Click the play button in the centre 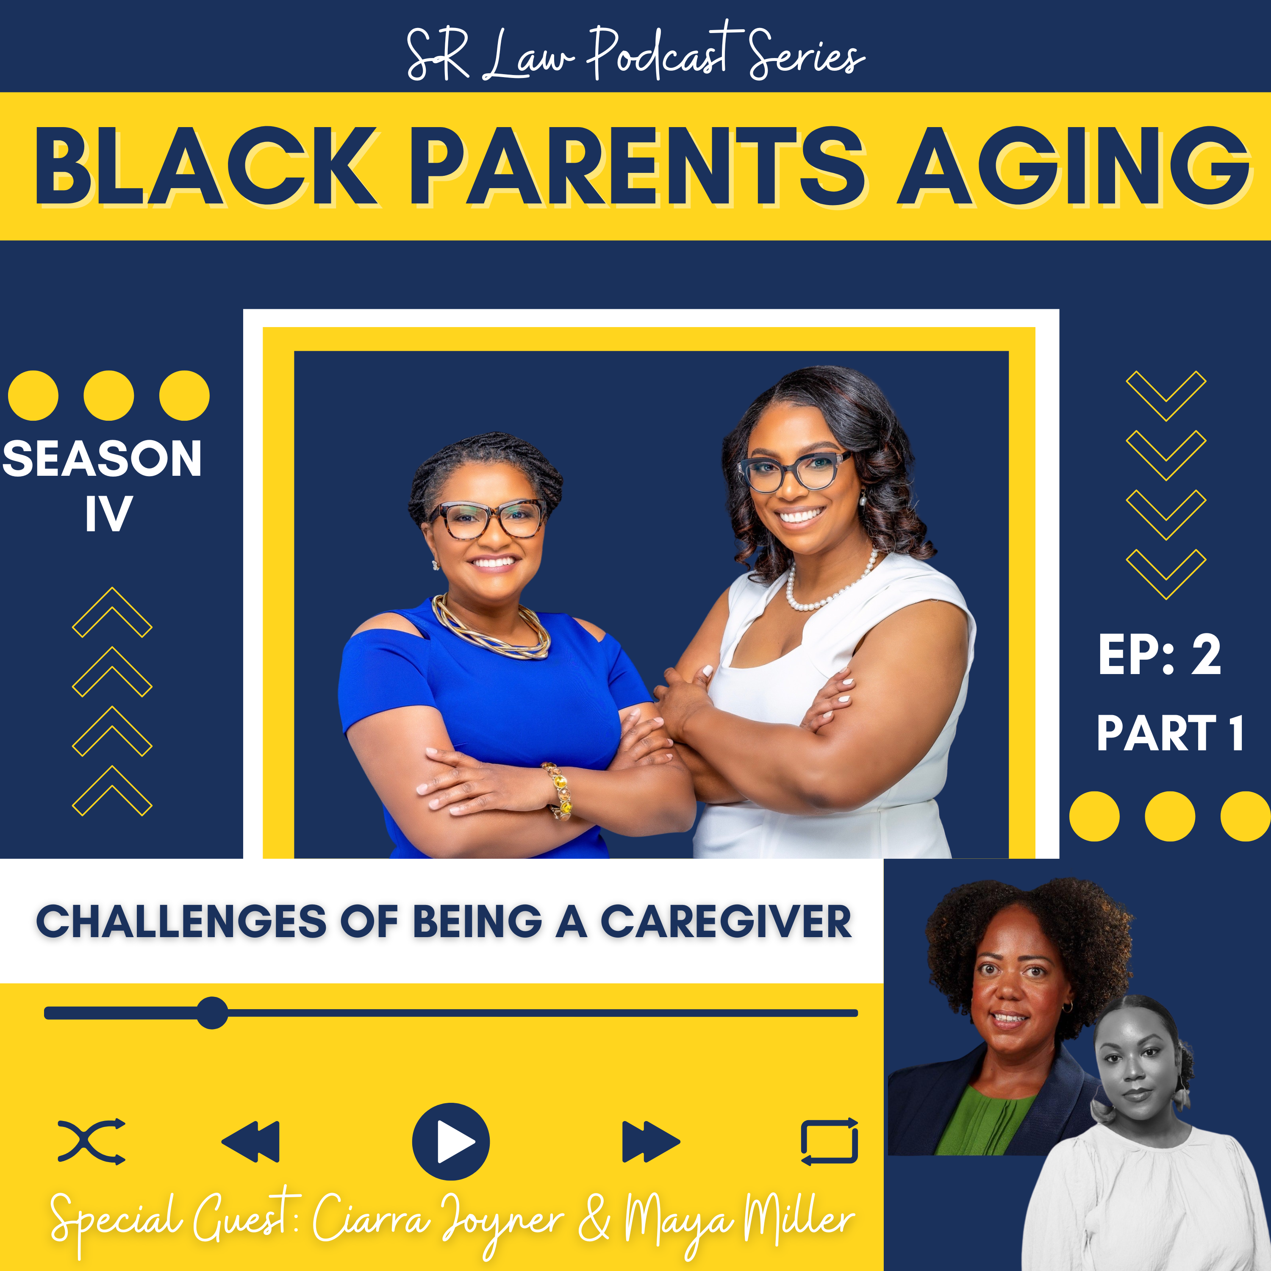click(451, 1141)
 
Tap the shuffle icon click(92, 1141)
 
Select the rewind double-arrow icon click(251, 1141)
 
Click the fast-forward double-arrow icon click(651, 1141)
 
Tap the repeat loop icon click(830, 1141)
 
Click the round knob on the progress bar click(212, 1013)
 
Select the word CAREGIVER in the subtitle click(726, 921)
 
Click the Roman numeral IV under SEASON click(108, 514)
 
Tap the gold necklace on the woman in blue click(491, 628)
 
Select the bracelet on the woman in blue click(558, 790)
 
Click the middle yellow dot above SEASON click(108, 395)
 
